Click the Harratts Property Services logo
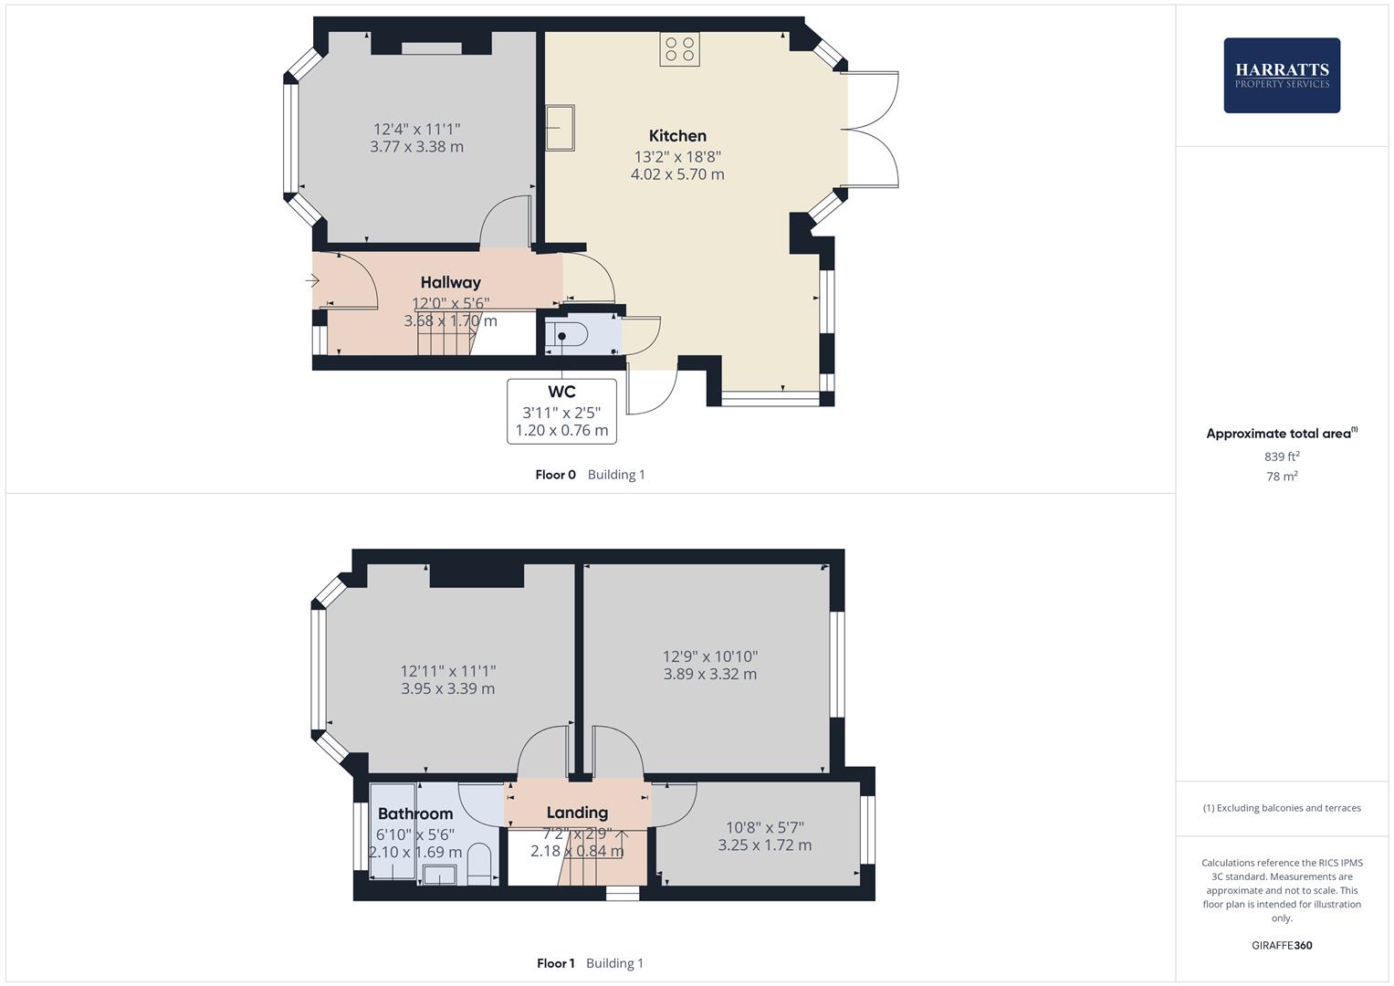click(1281, 75)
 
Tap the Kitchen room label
click(677, 136)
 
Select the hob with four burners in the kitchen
click(679, 49)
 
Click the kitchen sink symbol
click(560, 127)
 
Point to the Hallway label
click(450, 283)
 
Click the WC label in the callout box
click(561, 393)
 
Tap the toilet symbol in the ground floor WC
click(561, 337)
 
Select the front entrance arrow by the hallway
click(312, 281)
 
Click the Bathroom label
click(415, 813)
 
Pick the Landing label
click(577, 813)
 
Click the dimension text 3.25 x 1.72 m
click(764, 845)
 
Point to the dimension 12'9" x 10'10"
click(710, 656)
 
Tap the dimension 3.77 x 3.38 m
click(416, 147)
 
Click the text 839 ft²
click(1282, 456)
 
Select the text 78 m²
click(1282, 477)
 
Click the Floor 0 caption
click(555, 475)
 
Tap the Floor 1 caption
click(555, 963)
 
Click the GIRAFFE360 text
click(1281, 946)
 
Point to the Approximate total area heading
click(1281, 434)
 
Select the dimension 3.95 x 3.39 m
click(447, 689)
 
